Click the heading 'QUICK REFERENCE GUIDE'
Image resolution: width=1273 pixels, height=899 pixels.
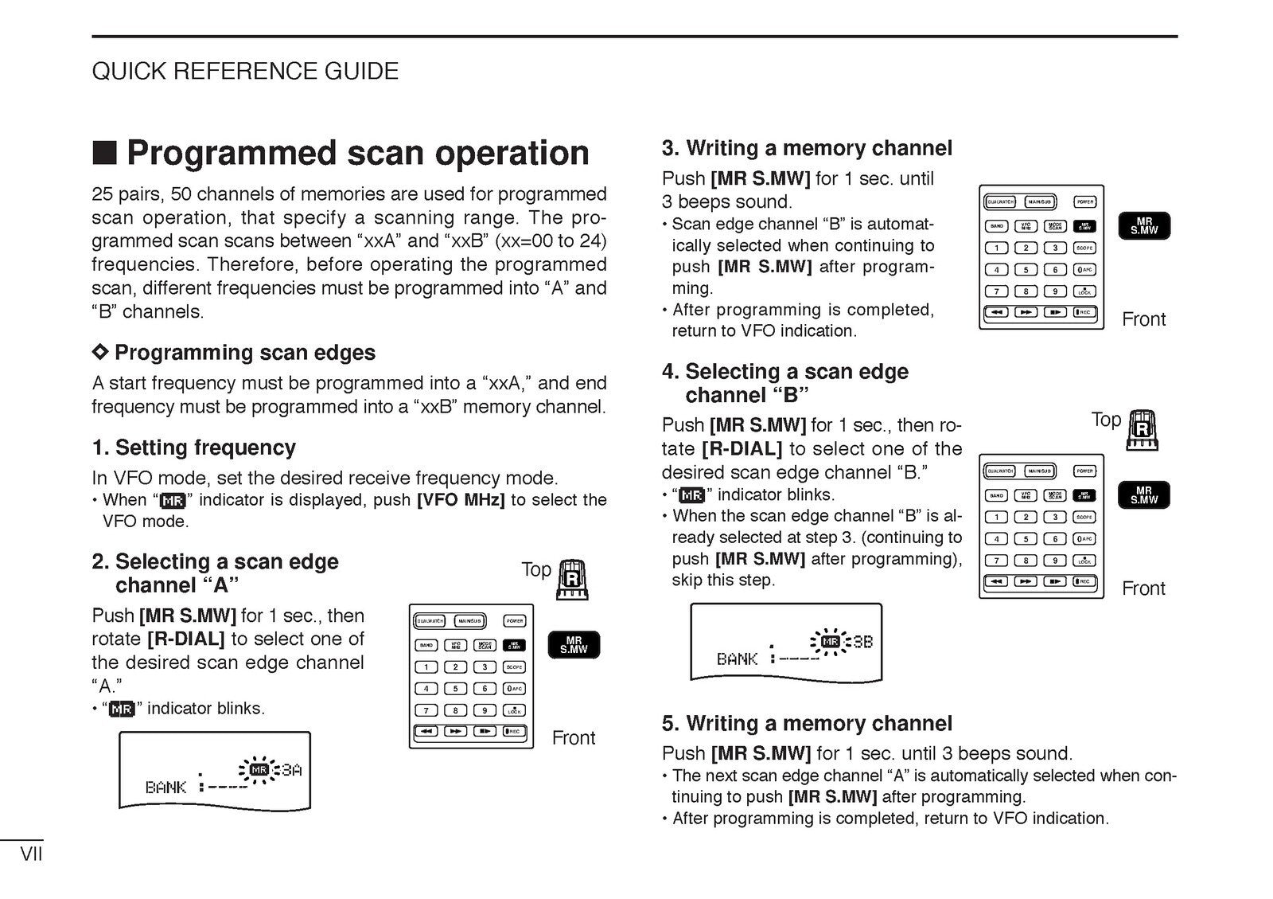tap(245, 71)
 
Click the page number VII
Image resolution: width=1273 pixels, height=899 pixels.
tap(31, 854)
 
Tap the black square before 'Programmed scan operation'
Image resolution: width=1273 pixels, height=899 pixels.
tap(104, 152)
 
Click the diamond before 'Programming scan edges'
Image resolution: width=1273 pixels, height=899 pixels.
tap(99, 351)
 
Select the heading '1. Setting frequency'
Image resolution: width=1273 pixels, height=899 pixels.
tap(193, 448)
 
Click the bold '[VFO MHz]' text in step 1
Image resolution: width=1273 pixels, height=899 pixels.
tap(461, 500)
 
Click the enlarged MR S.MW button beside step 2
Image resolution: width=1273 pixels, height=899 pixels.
tap(573, 644)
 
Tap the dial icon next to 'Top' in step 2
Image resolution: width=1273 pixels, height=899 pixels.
tap(573, 579)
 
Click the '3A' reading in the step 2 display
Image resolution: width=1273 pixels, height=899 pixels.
tap(291, 770)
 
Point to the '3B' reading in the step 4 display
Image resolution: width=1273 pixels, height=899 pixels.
tap(862, 642)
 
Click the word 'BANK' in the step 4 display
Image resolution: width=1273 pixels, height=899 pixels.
tap(737, 659)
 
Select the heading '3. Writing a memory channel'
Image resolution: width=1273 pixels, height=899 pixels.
tap(807, 148)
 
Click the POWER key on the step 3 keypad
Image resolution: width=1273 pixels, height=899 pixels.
tap(1085, 201)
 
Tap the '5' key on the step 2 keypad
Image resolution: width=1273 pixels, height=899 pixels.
tap(455, 689)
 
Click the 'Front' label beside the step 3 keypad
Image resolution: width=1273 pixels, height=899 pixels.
tap(1143, 319)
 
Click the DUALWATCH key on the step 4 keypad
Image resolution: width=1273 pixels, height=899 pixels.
tap(1000, 471)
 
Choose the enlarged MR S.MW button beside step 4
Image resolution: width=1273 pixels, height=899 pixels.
tap(1143, 495)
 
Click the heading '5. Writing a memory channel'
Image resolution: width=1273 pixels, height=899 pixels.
tap(807, 723)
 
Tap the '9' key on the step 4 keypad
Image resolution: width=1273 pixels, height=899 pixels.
tap(1055, 561)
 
